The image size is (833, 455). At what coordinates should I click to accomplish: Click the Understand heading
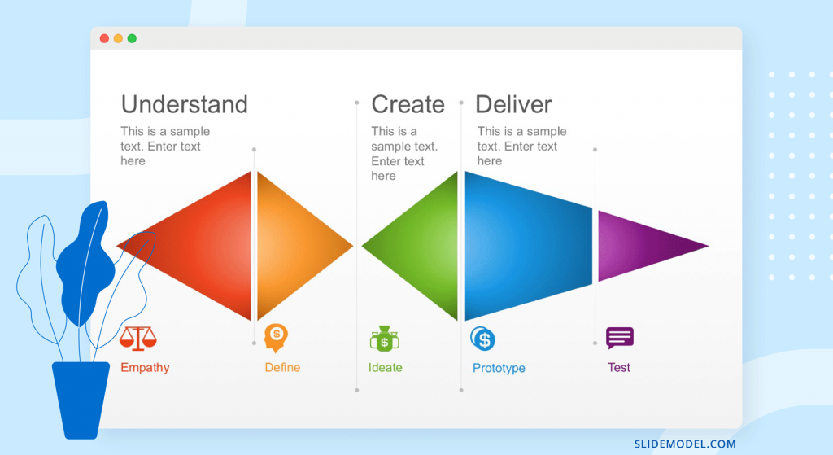pyautogui.click(x=185, y=104)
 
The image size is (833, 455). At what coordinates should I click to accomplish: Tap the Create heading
pyautogui.click(x=408, y=104)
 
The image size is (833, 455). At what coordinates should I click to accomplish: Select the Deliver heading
pyautogui.click(x=513, y=104)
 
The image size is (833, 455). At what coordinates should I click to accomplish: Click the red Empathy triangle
pyautogui.click(x=202, y=246)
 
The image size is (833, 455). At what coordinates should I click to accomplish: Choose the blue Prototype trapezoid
pyautogui.click(x=529, y=246)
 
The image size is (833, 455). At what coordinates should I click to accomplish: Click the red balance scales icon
pyautogui.click(x=138, y=339)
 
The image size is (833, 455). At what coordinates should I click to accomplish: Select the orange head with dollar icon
pyautogui.click(x=276, y=338)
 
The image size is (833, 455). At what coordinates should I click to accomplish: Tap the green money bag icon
pyautogui.click(x=385, y=339)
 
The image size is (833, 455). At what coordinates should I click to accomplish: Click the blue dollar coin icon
pyautogui.click(x=483, y=339)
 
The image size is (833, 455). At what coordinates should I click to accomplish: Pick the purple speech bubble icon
pyautogui.click(x=620, y=338)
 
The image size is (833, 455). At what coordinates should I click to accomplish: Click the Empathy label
pyautogui.click(x=145, y=368)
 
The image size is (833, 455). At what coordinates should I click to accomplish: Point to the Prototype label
pyautogui.click(x=499, y=369)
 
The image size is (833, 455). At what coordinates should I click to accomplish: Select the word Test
pyautogui.click(x=619, y=367)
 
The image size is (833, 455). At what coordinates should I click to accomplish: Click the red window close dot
pyautogui.click(x=105, y=38)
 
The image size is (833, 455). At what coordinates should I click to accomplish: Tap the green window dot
pyautogui.click(x=132, y=38)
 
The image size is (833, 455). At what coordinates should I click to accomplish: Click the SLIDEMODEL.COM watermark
pyautogui.click(x=685, y=444)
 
